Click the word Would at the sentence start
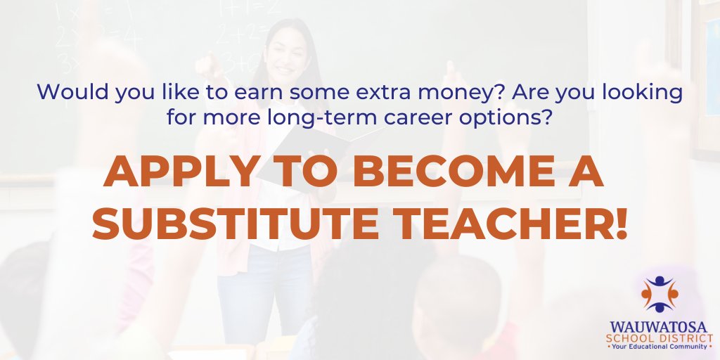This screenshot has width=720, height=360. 65,92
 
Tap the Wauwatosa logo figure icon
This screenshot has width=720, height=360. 660,292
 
